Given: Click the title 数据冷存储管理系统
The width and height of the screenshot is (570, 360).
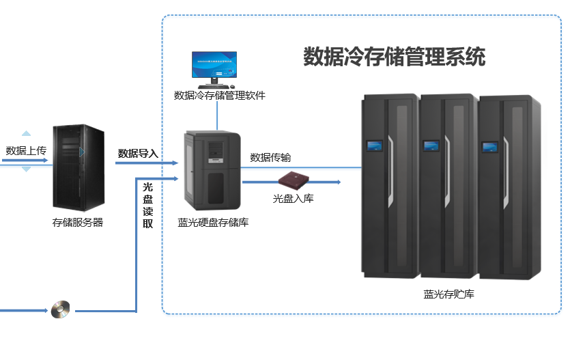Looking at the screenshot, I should point(394,57).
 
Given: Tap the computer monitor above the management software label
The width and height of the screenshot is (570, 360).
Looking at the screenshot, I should point(215,66).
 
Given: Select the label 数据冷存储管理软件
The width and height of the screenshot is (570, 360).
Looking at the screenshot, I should point(219,96).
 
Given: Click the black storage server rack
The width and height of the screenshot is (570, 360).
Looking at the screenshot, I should point(79,167).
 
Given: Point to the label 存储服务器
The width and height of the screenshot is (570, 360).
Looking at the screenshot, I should point(78,222).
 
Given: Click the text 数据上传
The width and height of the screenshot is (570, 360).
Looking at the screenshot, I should point(26,150).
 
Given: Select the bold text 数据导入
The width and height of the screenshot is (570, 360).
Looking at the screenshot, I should point(138,153).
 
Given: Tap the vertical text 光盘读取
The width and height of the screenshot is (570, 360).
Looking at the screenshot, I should point(147,205).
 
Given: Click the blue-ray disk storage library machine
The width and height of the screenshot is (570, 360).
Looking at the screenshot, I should point(213,171).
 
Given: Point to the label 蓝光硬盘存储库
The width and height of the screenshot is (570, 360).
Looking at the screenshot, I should point(213,222).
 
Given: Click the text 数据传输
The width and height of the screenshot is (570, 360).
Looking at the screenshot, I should point(270,157).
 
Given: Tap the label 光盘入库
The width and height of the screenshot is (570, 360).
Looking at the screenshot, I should point(294,199).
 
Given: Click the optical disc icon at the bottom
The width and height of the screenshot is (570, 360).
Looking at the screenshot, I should point(61,309).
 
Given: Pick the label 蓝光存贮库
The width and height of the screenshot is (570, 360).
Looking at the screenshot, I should point(448,294).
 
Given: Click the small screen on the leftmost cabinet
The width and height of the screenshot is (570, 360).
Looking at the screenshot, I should point(373,145).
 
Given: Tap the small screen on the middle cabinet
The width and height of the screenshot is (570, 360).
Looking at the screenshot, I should point(431,145).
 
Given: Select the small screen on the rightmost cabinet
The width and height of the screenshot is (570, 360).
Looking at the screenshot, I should point(489,146).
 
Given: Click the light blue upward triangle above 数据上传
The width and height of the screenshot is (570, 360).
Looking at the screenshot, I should point(26,134).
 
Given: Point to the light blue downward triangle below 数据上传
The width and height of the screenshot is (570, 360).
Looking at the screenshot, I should point(26,168).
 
